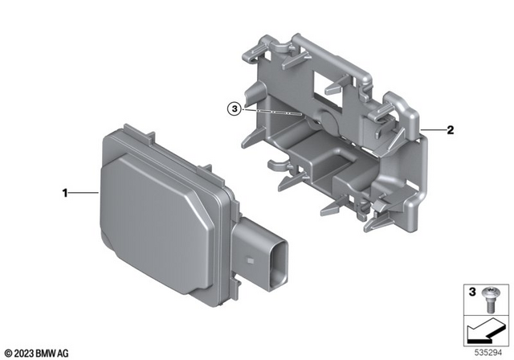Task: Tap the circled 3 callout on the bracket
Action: point(234,107)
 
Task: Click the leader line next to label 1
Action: point(85,193)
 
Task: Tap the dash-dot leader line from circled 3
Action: point(273,112)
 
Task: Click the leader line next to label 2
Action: point(434,129)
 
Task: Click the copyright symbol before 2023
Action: point(8,351)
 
